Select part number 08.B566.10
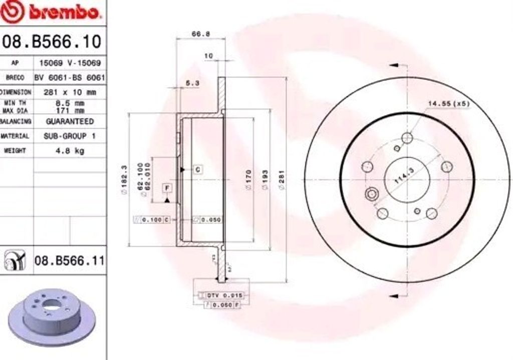[x=52, y=41]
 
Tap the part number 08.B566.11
[x=69, y=261]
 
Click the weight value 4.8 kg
[x=70, y=150]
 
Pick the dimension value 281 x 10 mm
[x=70, y=92]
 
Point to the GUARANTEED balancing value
[x=70, y=121]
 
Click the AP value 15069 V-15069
[x=70, y=63]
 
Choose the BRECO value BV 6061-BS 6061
[x=70, y=78]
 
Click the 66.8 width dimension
[x=200, y=35]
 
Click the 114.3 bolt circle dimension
[x=404, y=176]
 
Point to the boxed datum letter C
[x=198, y=169]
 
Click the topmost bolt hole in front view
[x=407, y=138]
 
